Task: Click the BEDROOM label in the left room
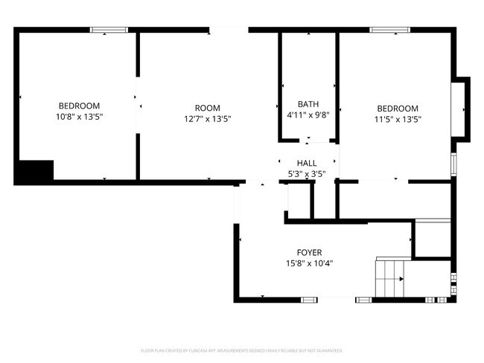[78, 106]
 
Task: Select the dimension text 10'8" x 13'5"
[78, 118]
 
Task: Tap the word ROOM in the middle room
[207, 108]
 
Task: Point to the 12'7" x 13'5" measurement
[207, 119]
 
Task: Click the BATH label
[308, 104]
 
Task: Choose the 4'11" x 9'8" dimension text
[308, 115]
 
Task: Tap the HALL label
[307, 163]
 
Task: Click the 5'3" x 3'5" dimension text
[307, 174]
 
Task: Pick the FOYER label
[310, 252]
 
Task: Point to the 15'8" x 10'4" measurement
[310, 263]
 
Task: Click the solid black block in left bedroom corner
[34, 172]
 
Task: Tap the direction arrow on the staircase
[400, 280]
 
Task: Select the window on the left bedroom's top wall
[109, 30]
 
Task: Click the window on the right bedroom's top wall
[390, 30]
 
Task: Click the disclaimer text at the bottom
[241, 350]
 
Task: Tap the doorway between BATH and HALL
[308, 141]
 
